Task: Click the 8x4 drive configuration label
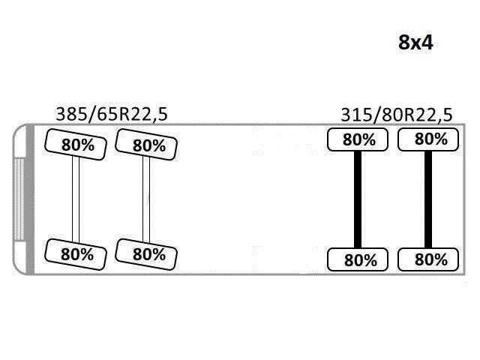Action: (x=415, y=43)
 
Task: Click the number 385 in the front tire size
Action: (x=71, y=113)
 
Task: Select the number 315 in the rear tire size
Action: (x=355, y=115)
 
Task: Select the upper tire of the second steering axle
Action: (x=147, y=144)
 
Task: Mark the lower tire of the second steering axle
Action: (x=147, y=253)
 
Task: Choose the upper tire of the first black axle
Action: (x=358, y=139)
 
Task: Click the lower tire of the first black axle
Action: (x=358, y=260)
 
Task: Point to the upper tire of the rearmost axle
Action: (x=428, y=139)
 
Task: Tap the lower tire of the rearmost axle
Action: (x=428, y=260)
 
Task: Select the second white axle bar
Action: (x=147, y=199)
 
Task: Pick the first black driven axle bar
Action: (x=358, y=199)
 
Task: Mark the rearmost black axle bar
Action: (x=428, y=199)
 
